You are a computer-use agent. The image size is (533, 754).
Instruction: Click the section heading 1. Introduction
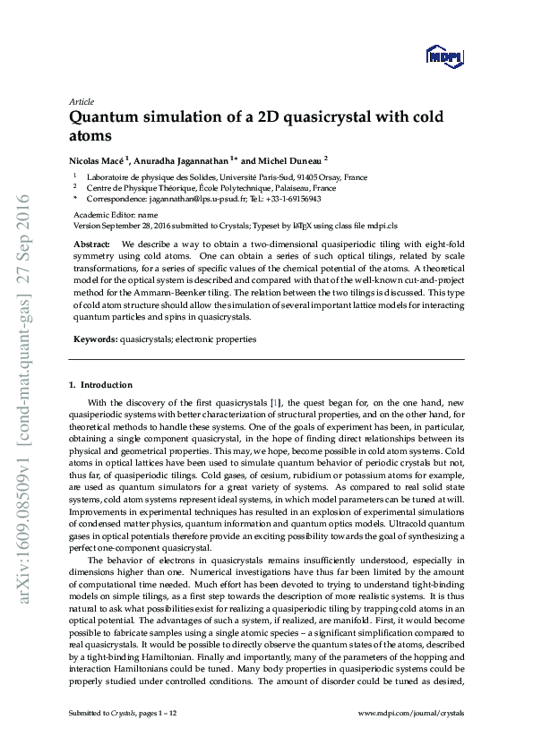(100, 385)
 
